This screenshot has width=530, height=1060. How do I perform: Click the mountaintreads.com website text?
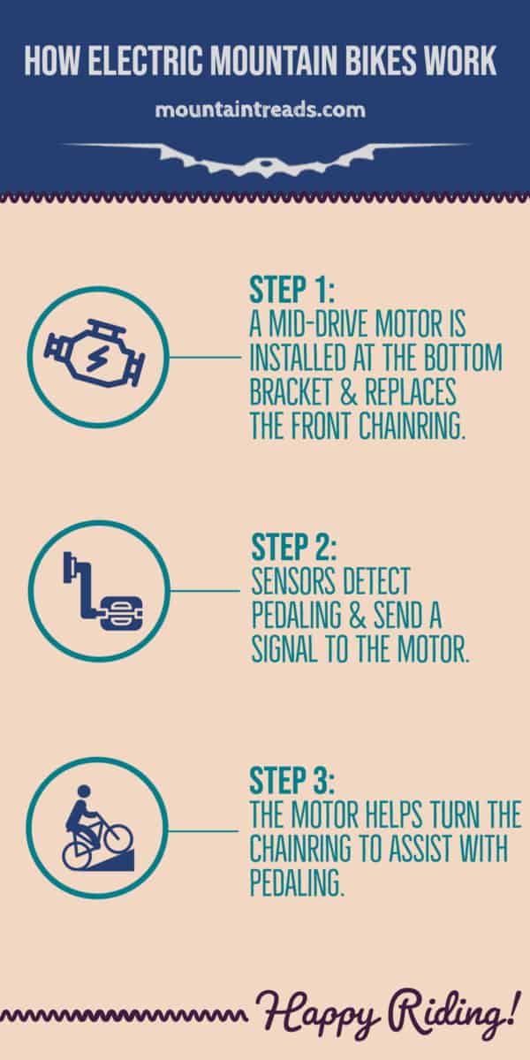tap(260, 110)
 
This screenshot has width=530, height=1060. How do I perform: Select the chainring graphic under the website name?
tap(265, 157)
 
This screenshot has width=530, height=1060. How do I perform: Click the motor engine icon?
tap(97, 358)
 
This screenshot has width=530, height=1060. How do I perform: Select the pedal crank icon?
tap(98, 590)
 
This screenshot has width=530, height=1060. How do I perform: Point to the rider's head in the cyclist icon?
tap(85, 792)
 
